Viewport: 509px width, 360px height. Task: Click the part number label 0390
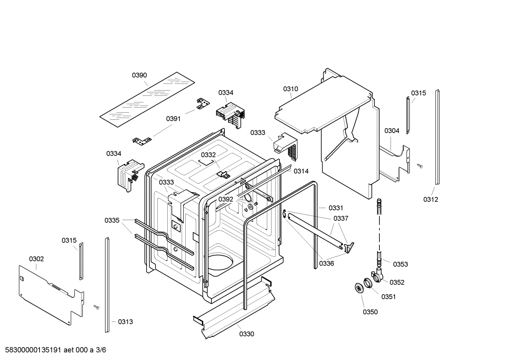139,75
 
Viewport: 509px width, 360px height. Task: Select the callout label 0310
291,89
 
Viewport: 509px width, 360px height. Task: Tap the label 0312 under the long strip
431,199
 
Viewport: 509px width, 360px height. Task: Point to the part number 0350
370,312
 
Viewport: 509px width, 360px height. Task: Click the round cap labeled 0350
360,288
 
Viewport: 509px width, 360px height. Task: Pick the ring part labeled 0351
368,283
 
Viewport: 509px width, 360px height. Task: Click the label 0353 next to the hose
400,264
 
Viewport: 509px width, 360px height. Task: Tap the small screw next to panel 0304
420,165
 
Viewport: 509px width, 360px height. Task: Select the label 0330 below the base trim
246,334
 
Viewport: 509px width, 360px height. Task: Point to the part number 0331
336,208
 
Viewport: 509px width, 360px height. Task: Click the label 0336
327,263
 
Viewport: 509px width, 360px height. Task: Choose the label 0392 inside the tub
226,199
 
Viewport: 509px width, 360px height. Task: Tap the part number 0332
208,155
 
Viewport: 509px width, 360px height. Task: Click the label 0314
301,171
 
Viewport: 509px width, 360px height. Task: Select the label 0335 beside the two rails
112,220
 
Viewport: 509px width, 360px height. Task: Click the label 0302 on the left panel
36,259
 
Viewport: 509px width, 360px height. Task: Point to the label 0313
125,321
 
